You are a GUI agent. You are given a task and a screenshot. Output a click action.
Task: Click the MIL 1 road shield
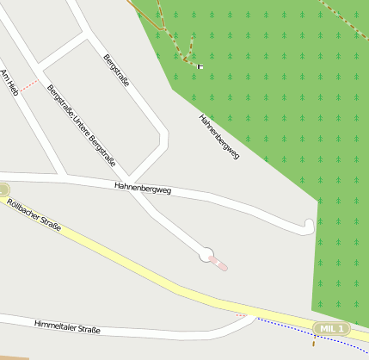pyautogui.click(x=332, y=329)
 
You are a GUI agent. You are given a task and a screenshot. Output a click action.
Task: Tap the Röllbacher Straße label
pyautogui.click(x=34, y=214)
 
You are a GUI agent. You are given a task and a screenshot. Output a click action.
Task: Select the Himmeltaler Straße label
pyautogui.click(x=67, y=326)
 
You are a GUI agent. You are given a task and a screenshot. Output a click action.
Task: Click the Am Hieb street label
pyautogui.click(x=9, y=81)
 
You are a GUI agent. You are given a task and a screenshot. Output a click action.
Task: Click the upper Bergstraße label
pyautogui.click(x=116, y=71)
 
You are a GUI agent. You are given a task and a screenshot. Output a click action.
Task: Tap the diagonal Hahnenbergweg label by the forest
pyautogui.click(x=218, y=136)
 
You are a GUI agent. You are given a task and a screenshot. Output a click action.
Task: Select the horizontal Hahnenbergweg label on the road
pyautogui.click(x=143, y=188)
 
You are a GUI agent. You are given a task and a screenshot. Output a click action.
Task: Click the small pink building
pyautogui.click(x=218, y=264)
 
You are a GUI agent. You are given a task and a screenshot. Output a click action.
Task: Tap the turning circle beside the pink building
pyautogui.click(x=206, y=254)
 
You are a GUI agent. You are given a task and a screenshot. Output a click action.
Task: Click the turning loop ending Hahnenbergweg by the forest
pyautogui.click(x=309, y=226)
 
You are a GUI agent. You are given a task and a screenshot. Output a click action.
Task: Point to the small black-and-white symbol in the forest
pyautogui.click(x=200, y=65)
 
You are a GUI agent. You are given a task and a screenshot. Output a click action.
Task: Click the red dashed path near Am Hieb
pyautogui.click(x=30, y=85)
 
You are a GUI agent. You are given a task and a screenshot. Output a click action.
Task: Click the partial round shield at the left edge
pyautogui.click(x=3, y=189)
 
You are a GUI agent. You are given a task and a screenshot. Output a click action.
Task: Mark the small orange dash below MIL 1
pyautogui.click(x=314, y=341)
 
